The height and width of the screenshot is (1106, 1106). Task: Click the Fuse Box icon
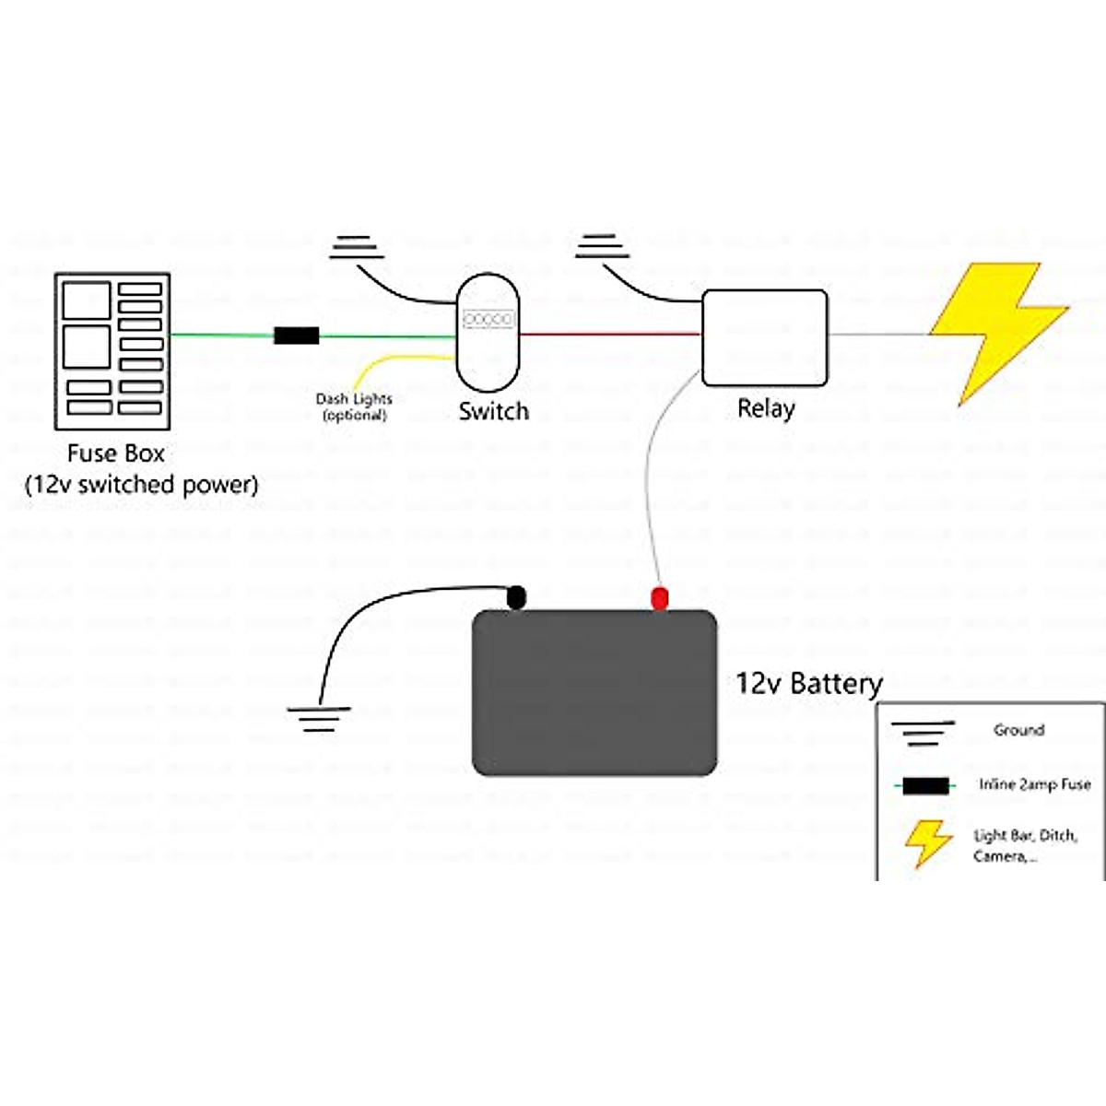pos(112,350)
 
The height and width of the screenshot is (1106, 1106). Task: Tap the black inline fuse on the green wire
pos(297,335)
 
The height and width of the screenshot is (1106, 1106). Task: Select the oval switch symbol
pos(488,332)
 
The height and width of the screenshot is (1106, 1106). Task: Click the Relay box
pos(765,337)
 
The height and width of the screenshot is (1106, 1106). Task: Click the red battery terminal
pos(659,597)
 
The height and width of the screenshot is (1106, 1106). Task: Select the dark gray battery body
pos(594,692)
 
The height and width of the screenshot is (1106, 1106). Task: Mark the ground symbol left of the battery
pos(318,718)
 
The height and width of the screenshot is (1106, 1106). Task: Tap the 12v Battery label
pos(808,683)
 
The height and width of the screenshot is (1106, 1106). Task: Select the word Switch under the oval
pos(494,411)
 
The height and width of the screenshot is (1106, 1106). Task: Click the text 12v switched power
pos(141,484)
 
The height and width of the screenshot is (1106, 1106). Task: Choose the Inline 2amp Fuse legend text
pos(1034,784)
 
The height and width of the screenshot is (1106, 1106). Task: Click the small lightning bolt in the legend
pos(927,842)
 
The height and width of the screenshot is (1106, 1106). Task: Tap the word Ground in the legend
pos(1018,730)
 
